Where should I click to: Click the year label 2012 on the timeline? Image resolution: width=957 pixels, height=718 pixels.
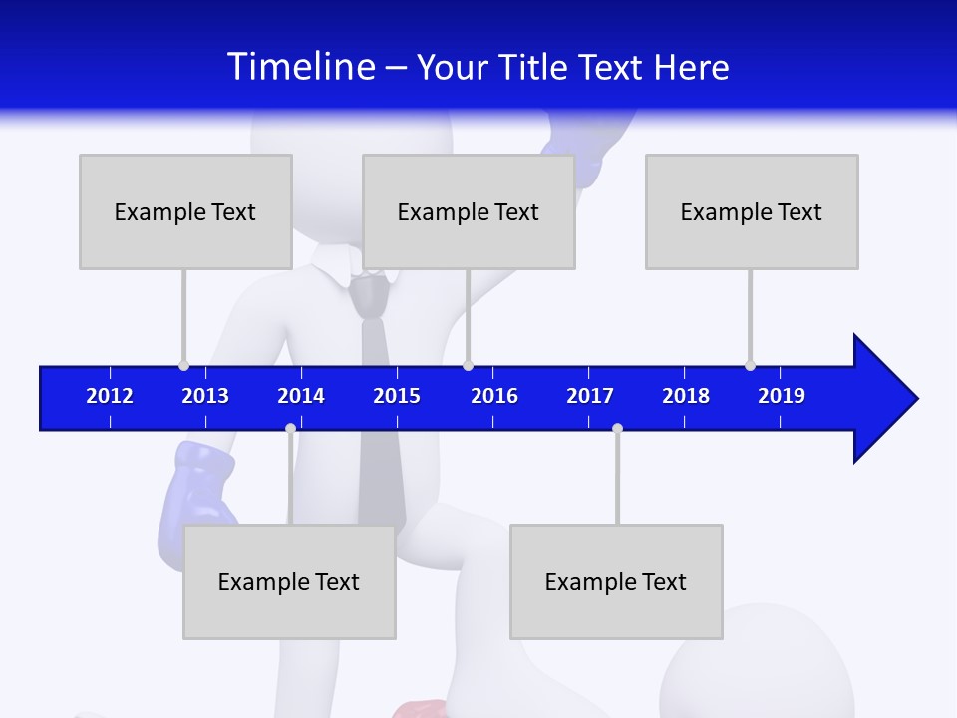pos(110,396)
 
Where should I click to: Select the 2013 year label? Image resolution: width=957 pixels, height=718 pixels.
pos(205,396)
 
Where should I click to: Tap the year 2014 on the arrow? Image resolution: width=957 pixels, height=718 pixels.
pos(301,396)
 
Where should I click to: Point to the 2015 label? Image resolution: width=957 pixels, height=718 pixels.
pos(397,396)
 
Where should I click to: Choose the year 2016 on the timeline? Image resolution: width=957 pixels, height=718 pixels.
pos(494,396)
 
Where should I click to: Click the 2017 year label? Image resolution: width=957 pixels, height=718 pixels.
pos(590,396)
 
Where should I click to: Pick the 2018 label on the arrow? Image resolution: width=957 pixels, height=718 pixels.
pos(686,396)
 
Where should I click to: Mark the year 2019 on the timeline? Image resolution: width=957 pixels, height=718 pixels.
pos(782,396)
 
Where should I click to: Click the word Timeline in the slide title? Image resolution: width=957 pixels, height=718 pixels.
pos(301,67)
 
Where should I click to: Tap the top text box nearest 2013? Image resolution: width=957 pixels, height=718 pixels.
pos(185,211)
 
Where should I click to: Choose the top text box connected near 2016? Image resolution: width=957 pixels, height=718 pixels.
pos(469,211)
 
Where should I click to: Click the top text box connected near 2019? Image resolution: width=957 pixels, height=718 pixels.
pos(752,211)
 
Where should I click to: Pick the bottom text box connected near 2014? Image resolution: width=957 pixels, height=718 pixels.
pos(289,581)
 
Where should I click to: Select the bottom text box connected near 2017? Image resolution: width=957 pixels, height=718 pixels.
pos(616,581)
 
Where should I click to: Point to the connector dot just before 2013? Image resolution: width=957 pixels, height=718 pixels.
pos(183,365)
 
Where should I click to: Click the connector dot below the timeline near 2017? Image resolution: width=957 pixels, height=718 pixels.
pos(617,428)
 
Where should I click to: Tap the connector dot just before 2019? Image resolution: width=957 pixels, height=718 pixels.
pos(750,365)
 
